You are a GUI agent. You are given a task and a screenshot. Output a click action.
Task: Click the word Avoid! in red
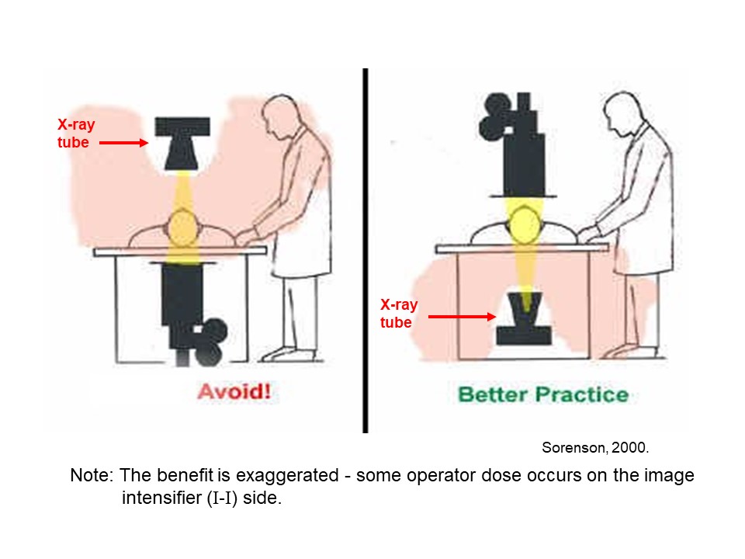[x=234, y=390]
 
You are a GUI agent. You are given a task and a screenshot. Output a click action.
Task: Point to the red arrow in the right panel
[x=462, y=316]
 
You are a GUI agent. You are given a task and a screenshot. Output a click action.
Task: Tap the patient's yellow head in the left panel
[x=183, y=227]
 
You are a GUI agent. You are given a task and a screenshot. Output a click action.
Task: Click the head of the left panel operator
[x=278, y=115]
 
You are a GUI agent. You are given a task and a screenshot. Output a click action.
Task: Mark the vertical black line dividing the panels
[x=365, y=248]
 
